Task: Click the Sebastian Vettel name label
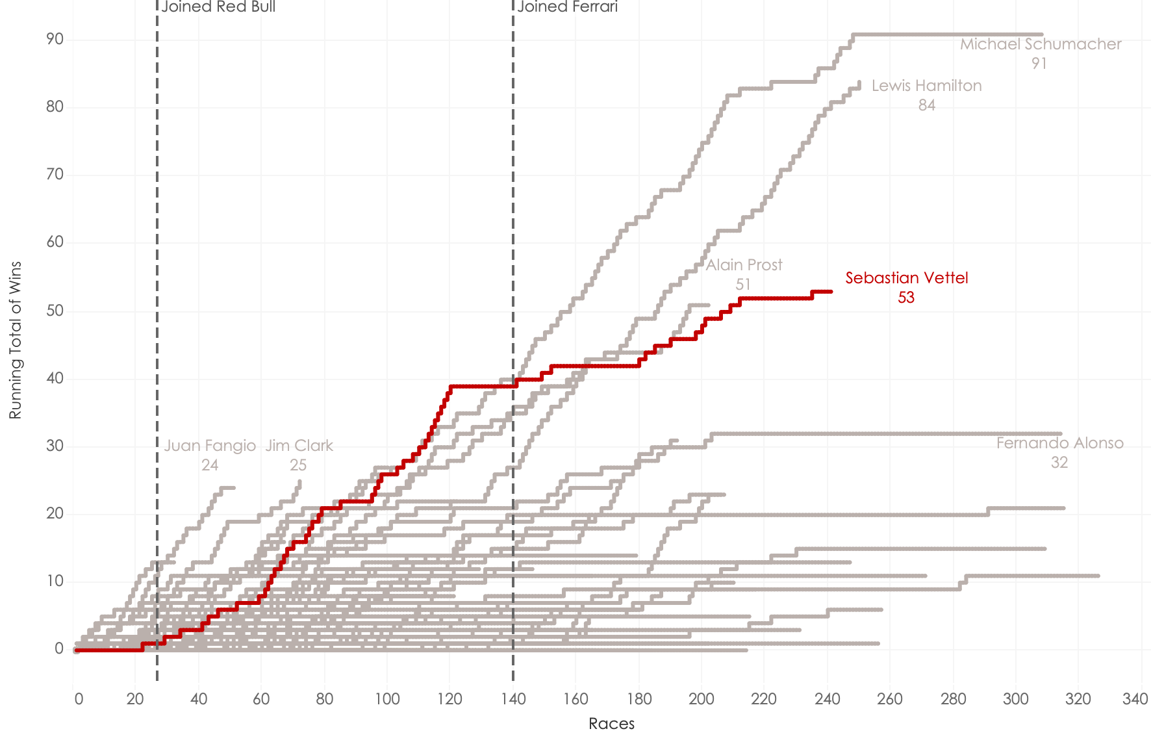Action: (x=906, y=278)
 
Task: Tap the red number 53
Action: (x=905, y=298)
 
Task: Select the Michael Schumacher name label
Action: (x=1040, y=44)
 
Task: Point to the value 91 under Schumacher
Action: (x=1039, y=64)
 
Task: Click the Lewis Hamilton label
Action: (x=926, y=86)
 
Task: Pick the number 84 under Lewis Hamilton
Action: (x=926, y=105)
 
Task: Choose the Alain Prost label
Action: (x=744, y=265)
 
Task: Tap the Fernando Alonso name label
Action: (x=1059, y=443)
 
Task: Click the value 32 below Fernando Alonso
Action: (x=1059, y=463)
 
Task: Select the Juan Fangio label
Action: (x=210, y=446)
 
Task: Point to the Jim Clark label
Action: (x=299, y=446)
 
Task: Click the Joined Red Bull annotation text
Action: (x=218, y=7)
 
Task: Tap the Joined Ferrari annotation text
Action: (x=567, y=7)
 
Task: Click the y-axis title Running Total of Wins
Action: (x=16, y=340)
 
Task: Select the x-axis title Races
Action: (x=611, y=724)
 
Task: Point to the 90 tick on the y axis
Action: (x=55, y=40)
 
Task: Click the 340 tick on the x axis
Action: (x=1135, y=699)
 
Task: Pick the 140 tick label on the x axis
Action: (x=513, y=699)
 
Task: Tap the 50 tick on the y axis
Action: (x=55, y=311)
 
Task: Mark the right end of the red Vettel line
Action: (x=831, y=292)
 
